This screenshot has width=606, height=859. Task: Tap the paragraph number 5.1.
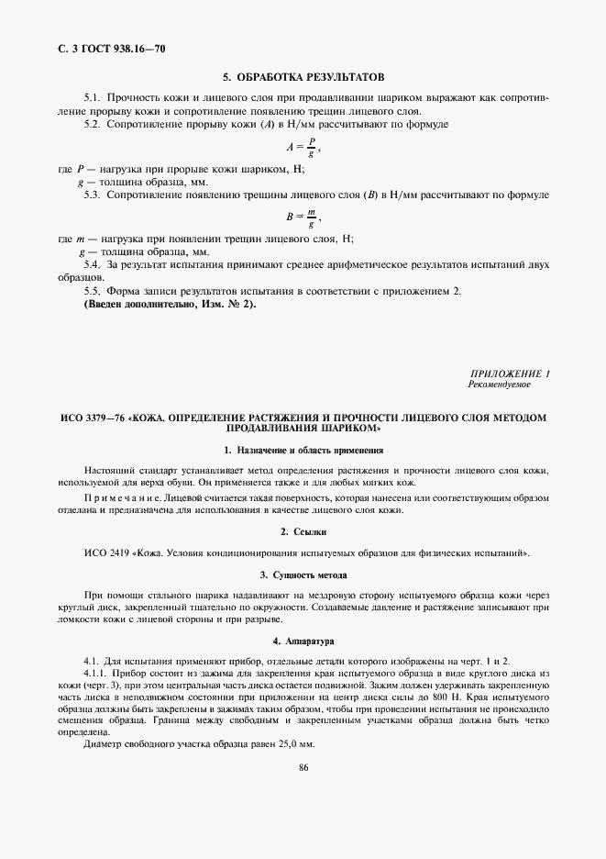(x=92, y=96)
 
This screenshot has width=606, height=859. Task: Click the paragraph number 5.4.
(x=92, y=265)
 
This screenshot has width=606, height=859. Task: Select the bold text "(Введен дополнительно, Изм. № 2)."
(x=171, y=304)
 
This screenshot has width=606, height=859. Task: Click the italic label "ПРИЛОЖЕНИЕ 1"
(x=509, y=374)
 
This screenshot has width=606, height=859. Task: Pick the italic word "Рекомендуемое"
(x=499, y=385)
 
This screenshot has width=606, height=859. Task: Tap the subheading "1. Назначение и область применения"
(x=303, y=450)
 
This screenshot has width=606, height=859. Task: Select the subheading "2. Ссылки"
(x=303, y=532)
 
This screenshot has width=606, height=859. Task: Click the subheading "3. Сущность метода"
(x=303, y=575)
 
